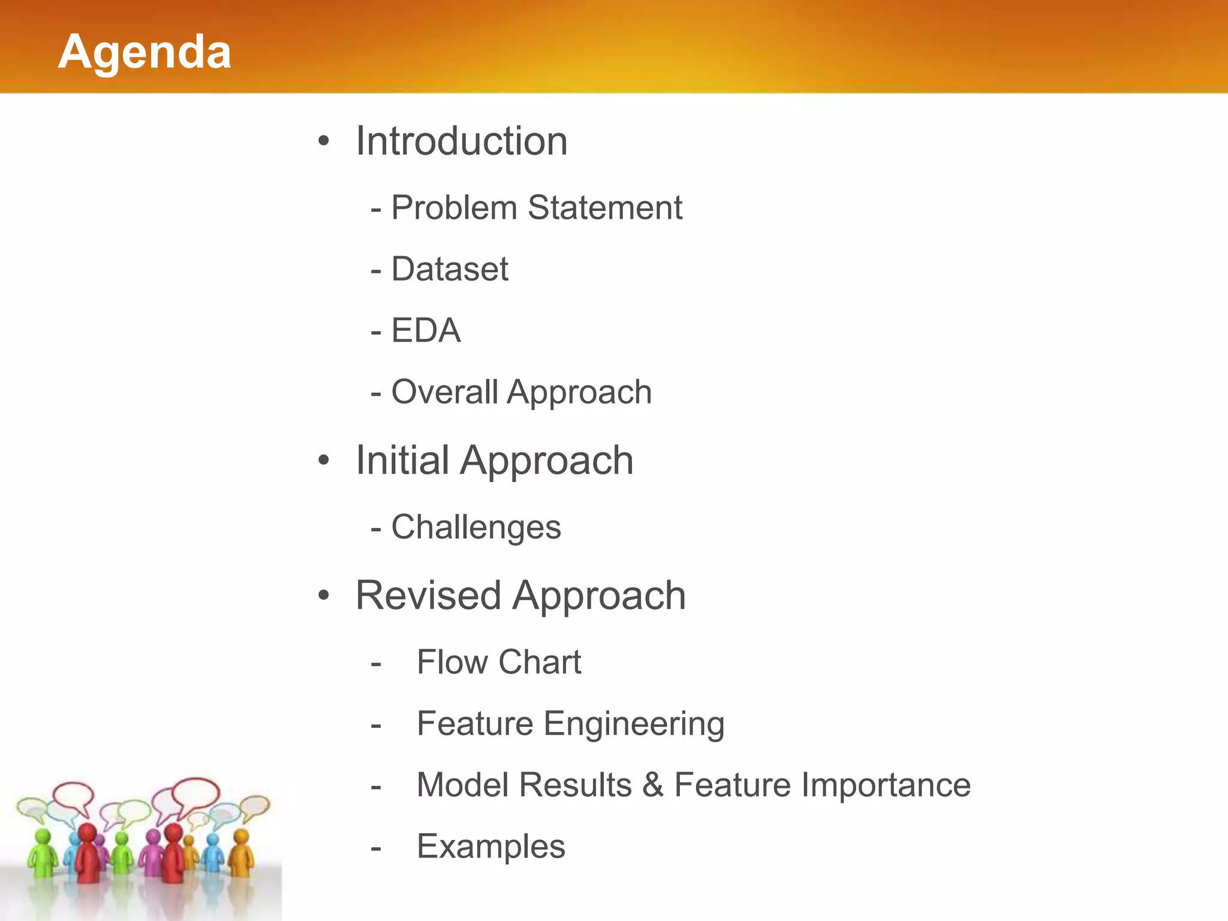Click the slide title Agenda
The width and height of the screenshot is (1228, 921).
(145, 52)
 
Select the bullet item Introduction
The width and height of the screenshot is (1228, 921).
(461, 142)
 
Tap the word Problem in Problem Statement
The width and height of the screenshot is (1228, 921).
(454, 208)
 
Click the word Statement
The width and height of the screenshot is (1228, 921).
(605, 208)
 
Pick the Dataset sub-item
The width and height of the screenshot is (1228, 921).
(450, 269)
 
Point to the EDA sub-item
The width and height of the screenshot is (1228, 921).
(426, 330)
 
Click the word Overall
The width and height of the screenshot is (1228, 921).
(444, 392)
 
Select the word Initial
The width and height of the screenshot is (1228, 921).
(402, 460)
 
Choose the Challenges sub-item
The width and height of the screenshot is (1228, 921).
(476, 528)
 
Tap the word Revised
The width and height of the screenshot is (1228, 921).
(428, 596)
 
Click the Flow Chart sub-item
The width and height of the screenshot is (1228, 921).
(499, 663)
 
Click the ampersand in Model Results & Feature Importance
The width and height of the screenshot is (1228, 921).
(653, 785)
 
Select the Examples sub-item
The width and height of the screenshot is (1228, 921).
(491, 847)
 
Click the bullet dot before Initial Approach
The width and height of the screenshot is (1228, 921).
(324, 460)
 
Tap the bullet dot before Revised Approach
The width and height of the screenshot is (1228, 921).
(324, 595)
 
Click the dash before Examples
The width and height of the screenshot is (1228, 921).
(376, 848)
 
